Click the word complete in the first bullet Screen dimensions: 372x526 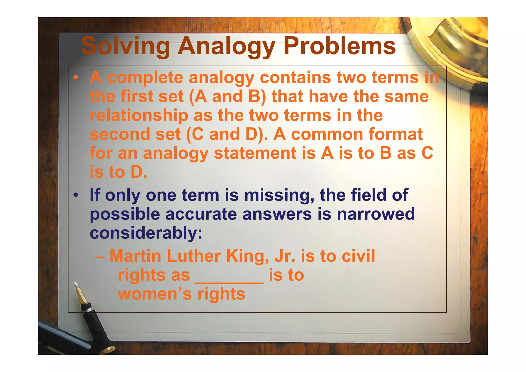point(145,78)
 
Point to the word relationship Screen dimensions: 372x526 point(139,116)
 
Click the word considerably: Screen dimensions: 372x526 point(146,233)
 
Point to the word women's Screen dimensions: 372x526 point(155,294)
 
